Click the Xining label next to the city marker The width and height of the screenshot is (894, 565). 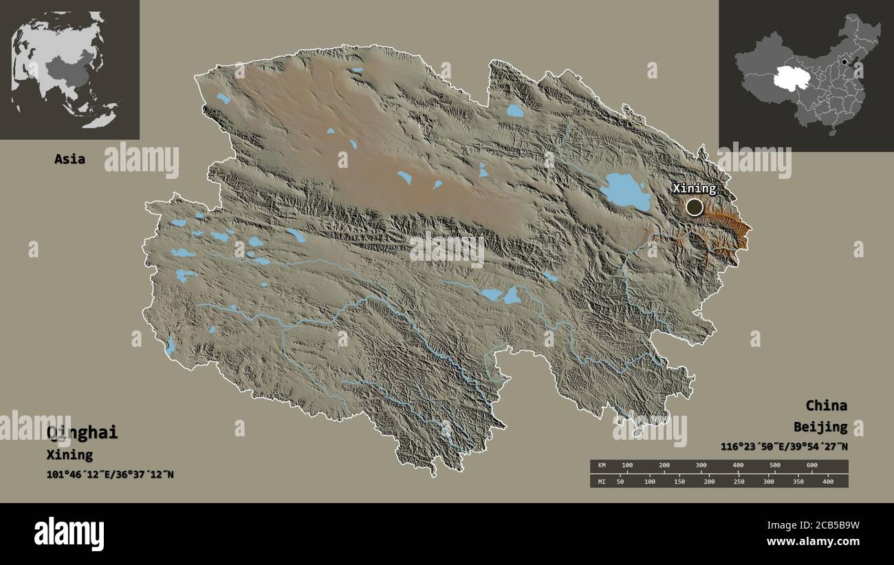coord(694,188)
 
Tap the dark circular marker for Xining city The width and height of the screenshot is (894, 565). coord(695,206)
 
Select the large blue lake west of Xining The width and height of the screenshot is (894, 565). coord(624,192)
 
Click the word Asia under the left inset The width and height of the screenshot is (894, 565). coord(69,159)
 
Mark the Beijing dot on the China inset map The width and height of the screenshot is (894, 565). coord(844,62)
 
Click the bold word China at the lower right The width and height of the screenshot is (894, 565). coord(826,405)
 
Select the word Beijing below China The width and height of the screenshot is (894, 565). coord(820,427)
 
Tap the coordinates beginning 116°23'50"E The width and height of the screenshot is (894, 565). coord(784,447)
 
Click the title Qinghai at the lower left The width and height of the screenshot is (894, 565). coord(82,433)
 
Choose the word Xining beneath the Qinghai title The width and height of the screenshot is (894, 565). coord(69,455)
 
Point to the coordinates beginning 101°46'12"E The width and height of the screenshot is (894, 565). coord(110,474)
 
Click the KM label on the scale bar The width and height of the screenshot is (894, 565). coord(602,466)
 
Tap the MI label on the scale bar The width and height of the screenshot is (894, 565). coord(602,481)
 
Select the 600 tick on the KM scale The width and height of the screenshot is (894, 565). coord(811,466)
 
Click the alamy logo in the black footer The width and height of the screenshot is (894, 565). coord(69,534)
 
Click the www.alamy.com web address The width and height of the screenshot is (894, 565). coord(811,542)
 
